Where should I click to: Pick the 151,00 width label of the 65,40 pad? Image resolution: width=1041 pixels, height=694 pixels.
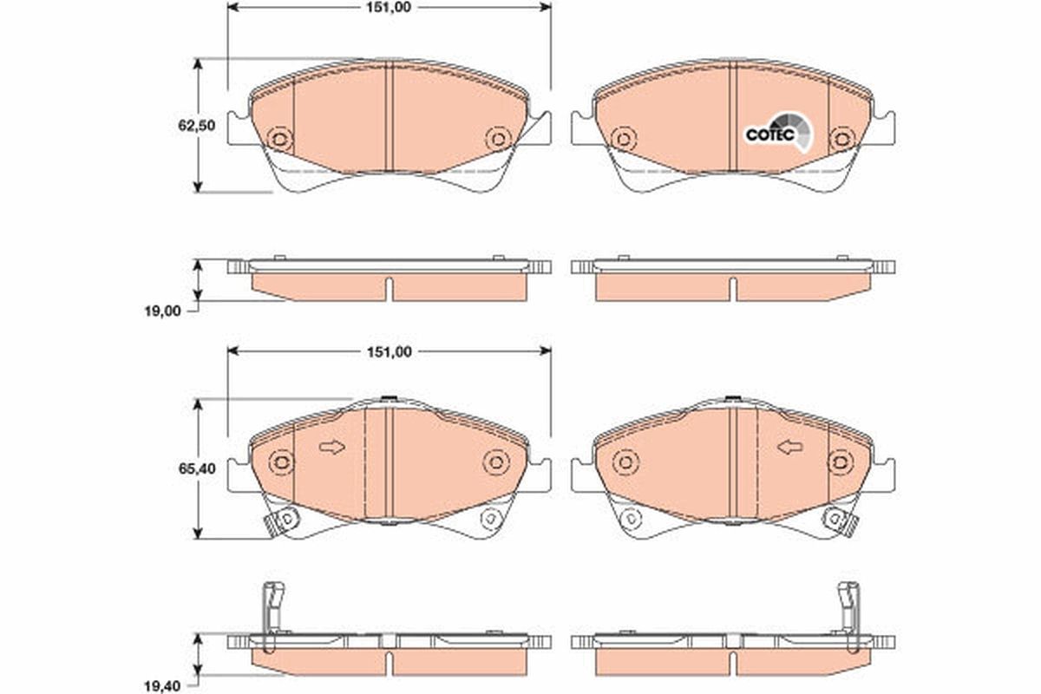[389, 351]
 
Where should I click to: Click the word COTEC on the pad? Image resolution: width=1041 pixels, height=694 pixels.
[766, 135]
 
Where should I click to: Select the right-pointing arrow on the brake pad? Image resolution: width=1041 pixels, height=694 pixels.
[332, 447]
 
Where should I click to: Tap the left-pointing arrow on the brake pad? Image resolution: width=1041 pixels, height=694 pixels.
[789, 447]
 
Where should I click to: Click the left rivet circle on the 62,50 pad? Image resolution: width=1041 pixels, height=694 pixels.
[280, 139]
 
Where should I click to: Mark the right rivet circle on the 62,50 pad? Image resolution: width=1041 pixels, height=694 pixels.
[497, 139]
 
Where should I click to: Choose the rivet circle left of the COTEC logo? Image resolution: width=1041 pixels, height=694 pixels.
[621, 139]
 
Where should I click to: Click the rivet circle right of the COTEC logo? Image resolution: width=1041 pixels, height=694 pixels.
[840, 139]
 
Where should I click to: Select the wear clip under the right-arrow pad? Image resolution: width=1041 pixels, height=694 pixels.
[283, 520]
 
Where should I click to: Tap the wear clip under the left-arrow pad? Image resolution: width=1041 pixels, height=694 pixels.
[838, 520]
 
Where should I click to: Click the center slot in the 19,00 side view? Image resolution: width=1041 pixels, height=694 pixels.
[389, 289]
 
